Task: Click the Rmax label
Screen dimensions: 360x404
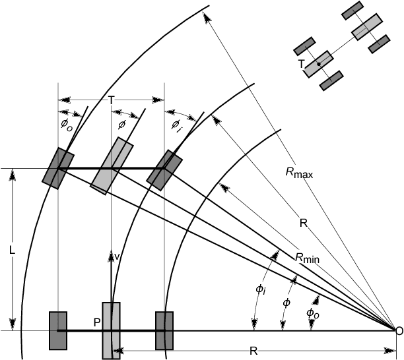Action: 298,173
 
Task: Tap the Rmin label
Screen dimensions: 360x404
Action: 306,258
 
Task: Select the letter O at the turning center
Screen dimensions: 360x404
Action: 398,330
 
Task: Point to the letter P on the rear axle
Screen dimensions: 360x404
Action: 96,322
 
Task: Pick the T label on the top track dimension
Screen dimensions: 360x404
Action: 111,100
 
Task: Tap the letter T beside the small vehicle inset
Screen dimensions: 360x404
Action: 301,64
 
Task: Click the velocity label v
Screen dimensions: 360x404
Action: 117,256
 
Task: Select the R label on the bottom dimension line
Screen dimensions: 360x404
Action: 253,351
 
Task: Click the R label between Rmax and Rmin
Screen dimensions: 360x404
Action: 303,224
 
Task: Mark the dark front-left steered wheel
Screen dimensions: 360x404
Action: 58,169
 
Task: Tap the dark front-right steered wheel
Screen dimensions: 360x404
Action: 164,169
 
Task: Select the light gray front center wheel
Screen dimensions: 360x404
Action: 111,166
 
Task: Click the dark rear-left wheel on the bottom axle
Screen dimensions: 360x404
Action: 58,330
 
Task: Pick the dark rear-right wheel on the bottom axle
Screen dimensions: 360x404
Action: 164,330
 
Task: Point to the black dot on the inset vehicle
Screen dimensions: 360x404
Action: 319,65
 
